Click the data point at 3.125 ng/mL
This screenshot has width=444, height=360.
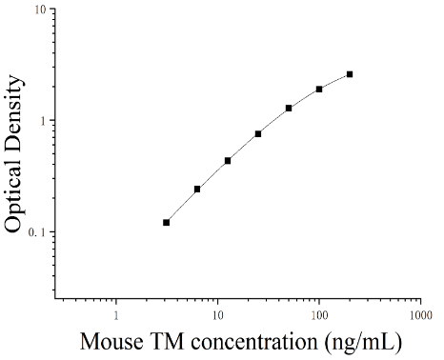(x=166, y=223)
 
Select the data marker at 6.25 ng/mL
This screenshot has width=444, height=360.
(x=197, y=190)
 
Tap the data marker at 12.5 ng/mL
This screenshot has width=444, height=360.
(x=228, y=161)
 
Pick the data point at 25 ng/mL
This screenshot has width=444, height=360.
(x=258, y=134)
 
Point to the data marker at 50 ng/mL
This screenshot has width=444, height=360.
(x=289, y=109)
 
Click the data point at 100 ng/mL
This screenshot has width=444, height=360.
(x=319, y=90)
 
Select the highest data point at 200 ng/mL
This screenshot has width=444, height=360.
(x=350, y=74)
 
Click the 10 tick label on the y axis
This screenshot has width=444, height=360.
(x=40, y=10)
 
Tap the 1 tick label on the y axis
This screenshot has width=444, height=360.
(x=43, y=120)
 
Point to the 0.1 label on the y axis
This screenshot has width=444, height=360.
(x=37, y=232)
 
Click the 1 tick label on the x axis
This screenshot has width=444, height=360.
(x=116, y=315)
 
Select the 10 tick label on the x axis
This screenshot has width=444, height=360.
(x=217, y=315)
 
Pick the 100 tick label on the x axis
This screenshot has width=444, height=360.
(x=319, y=315)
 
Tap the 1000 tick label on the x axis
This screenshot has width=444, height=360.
(x=420, y=315)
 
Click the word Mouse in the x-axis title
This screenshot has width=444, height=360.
(x=111, y=342)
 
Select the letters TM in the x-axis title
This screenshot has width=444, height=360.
(x=167, y=342)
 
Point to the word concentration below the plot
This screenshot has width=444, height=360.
(x=254, y=342)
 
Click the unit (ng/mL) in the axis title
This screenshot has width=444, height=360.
(x=363, y=343)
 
